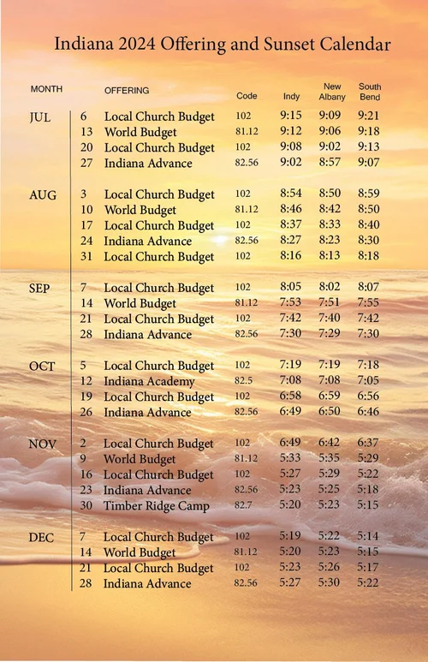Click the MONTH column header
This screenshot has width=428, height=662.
46,89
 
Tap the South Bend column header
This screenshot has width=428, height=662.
370,92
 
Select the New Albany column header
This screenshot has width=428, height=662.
332,92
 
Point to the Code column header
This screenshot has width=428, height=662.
247,96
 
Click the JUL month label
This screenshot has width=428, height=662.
40,116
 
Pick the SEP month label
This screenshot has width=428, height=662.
40,289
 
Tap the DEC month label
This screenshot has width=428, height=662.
42,538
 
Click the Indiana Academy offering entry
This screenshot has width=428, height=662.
149,381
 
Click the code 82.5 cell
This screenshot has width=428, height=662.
243,381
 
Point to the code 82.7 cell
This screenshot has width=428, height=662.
243,506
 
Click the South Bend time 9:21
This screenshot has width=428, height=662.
369,116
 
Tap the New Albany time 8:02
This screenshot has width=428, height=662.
330,288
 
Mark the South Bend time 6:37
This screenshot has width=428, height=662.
369,443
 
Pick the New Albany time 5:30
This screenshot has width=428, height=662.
330,583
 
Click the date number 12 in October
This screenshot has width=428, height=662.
86,381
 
